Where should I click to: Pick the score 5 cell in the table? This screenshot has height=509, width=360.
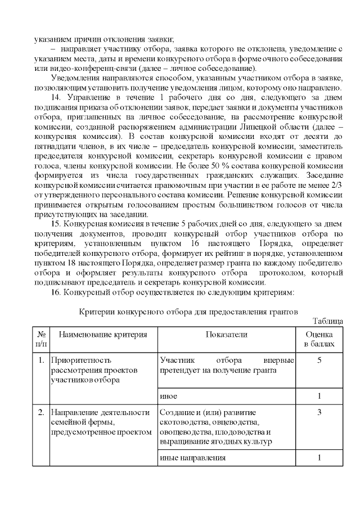coord(319,360)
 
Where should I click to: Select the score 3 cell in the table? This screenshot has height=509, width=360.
coord(319,413)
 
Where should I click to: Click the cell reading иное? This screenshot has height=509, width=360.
coord(169,396)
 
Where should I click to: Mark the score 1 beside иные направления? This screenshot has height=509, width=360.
coord(319,458)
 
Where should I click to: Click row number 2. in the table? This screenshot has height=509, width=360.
coord(41,413)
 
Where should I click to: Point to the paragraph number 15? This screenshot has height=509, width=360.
coord(58,224)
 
